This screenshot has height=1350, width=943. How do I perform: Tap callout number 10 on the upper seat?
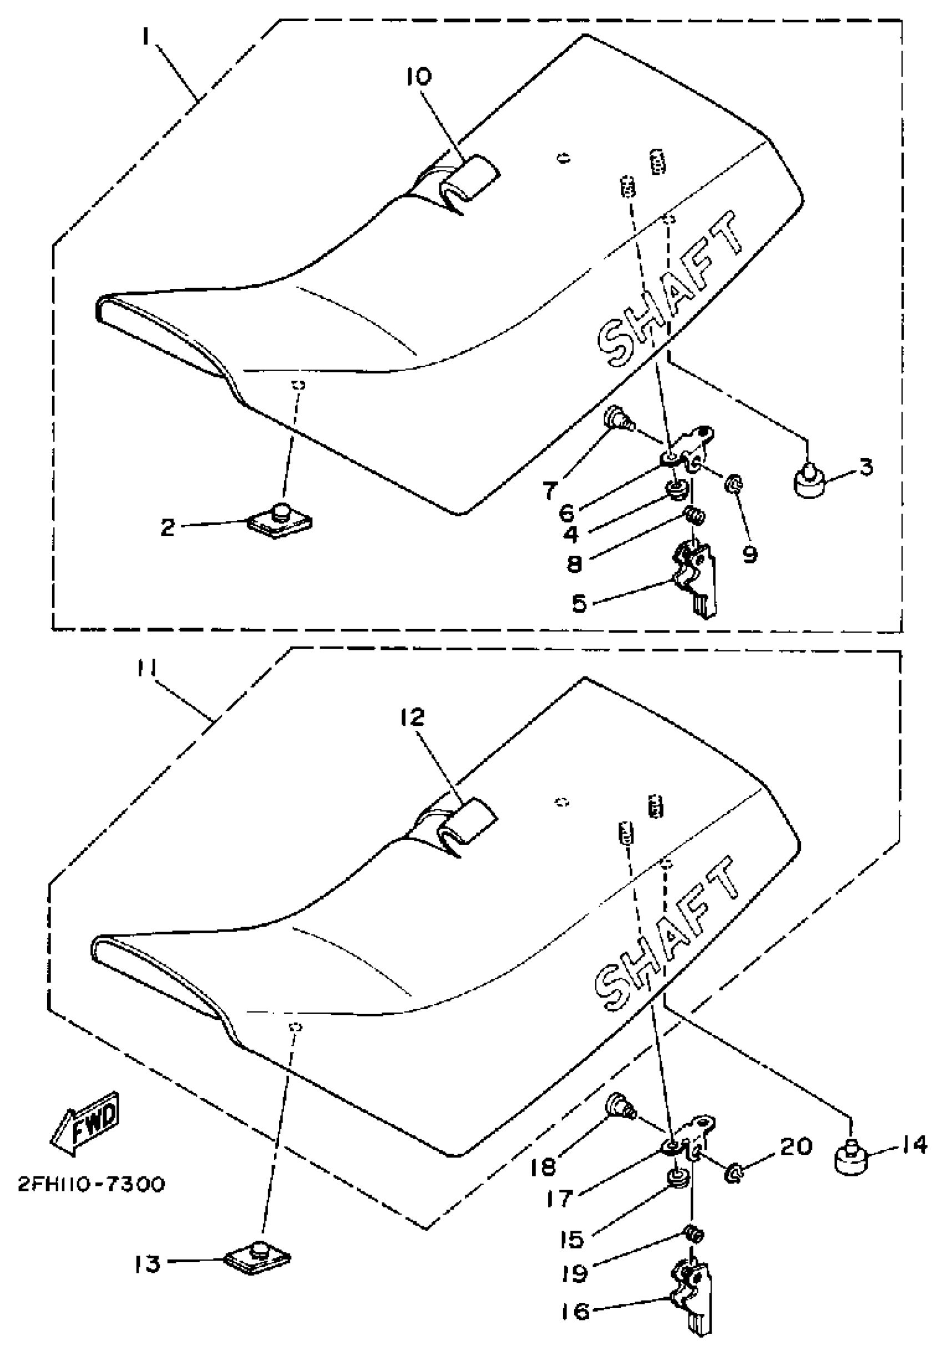pyautogui.click(x=418, y=77)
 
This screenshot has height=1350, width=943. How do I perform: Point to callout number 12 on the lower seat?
pyautogui.click(x=413, y=717)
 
